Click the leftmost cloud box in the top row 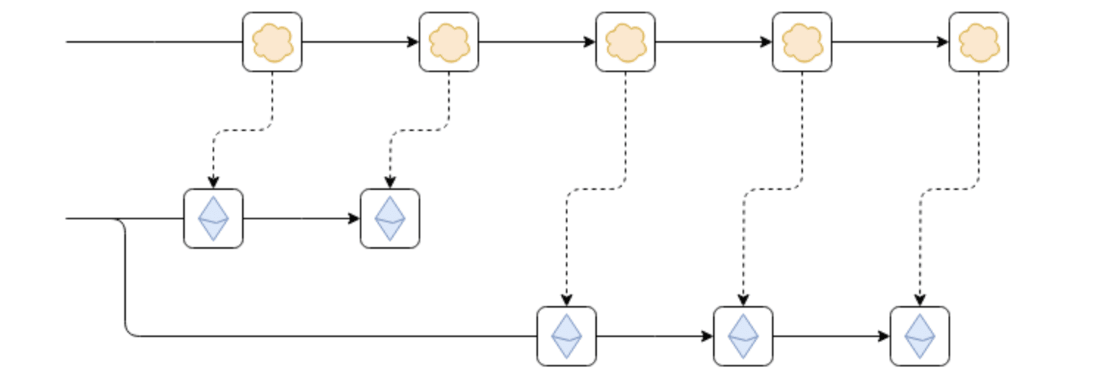(272, 42)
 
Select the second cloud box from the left (449, 42)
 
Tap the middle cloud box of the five (626, 42)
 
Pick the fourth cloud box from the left (802, 42)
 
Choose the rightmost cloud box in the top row (979, 42)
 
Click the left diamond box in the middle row (213, 219)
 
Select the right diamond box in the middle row (390, 219)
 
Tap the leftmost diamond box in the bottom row (567, 336)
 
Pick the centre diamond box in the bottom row (743, 336)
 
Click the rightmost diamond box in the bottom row (920, 336)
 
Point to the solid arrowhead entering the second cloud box (414, 42)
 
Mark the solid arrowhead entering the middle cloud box (590, 42)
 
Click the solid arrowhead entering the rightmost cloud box (943, 42)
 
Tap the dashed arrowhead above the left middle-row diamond (213, 183)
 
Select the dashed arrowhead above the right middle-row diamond (390, 183)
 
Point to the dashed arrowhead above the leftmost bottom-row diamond (567, 301)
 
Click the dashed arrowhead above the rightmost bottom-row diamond (920, 301)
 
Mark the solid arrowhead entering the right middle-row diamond (355, 219)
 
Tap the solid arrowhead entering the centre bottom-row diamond (708, 336)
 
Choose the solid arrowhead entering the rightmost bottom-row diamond (885, 336)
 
